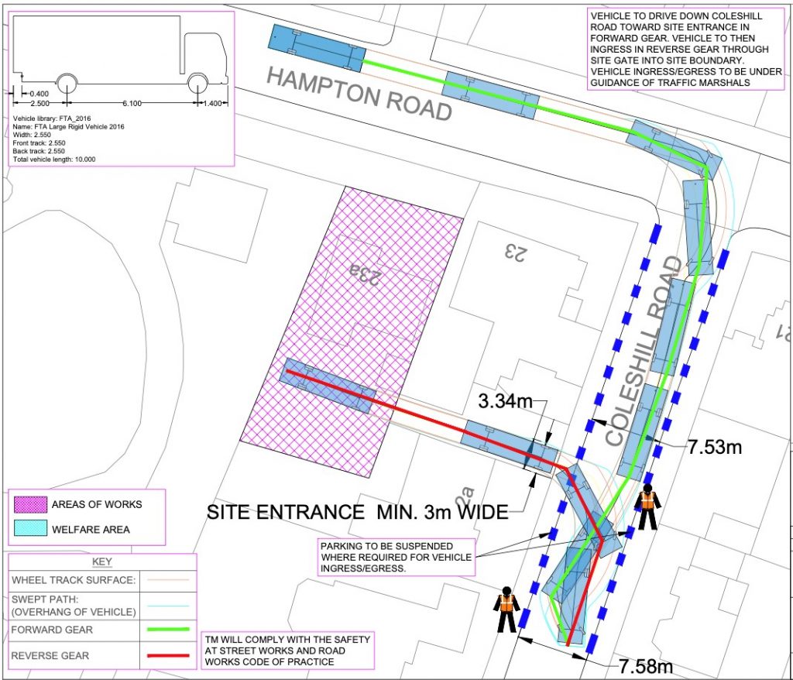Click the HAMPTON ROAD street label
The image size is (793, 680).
point(359,94)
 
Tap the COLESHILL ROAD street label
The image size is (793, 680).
point(644,352)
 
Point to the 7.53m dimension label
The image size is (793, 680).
point(715,447)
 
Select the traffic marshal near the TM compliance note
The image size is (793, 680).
point(506,609)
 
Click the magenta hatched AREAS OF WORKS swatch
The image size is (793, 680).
point(29,504)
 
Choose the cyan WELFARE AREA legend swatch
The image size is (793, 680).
point(29,530)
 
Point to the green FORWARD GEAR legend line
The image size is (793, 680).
point(166,629)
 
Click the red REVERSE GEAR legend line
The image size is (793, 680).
point(166,655)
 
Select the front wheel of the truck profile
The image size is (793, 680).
point(199,83)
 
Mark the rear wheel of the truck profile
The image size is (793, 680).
point(66,83)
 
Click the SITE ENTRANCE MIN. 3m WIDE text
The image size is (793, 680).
point(357,511)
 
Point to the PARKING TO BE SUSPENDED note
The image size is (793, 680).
point(396,557)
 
